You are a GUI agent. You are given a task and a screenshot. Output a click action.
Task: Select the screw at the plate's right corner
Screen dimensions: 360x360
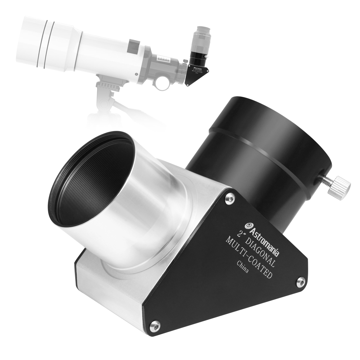click(301, 282)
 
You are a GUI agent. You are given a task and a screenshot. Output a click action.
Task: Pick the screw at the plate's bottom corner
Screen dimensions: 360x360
click(155, 326)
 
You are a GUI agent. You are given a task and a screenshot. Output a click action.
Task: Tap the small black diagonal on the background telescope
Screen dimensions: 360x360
click(197, 73)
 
